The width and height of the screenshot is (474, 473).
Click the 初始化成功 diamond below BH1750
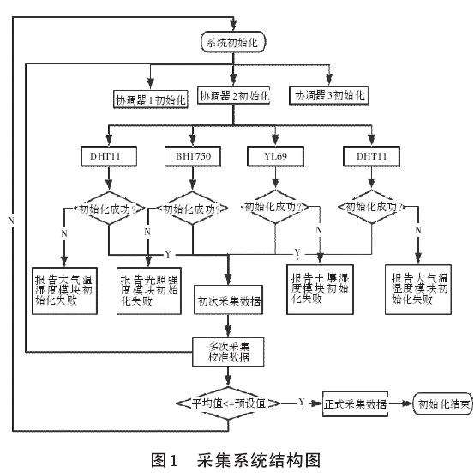(x=190, y=207)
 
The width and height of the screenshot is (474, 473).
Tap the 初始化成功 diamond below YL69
(x=274, y=207)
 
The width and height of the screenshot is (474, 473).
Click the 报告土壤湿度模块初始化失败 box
(x=320, y=288)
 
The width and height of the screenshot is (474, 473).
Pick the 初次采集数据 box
(x=229, y=301)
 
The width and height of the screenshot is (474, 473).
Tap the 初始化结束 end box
(x=442, y=403)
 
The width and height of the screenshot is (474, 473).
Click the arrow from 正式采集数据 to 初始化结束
(x=400, y=403)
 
